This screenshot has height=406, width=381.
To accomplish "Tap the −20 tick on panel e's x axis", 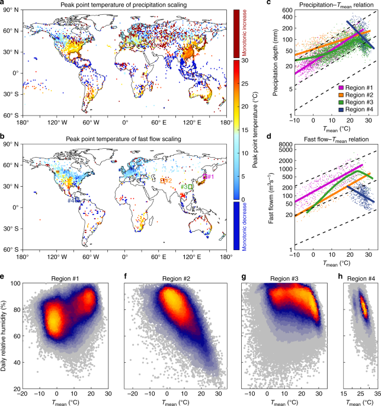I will [23, 393].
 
